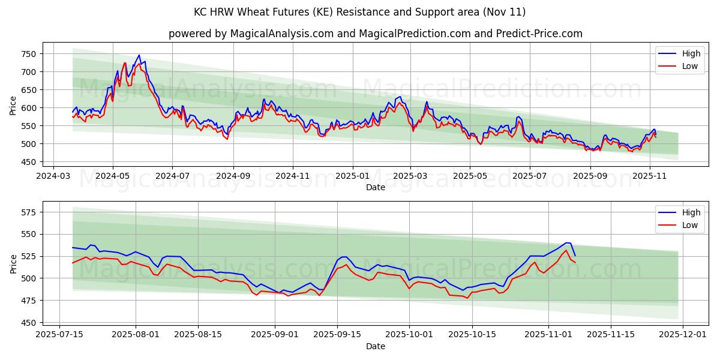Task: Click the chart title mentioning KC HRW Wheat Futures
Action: (360, 12)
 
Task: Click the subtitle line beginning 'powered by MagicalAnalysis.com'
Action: (375, 34)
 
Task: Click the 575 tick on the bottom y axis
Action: (30, 212)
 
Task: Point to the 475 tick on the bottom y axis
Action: (30, 301)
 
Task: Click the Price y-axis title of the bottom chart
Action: (13, 264)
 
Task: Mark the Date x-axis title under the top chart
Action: (375, 187)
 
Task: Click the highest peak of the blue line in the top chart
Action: (139, 55)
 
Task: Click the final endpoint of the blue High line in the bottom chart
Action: (575, 256)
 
